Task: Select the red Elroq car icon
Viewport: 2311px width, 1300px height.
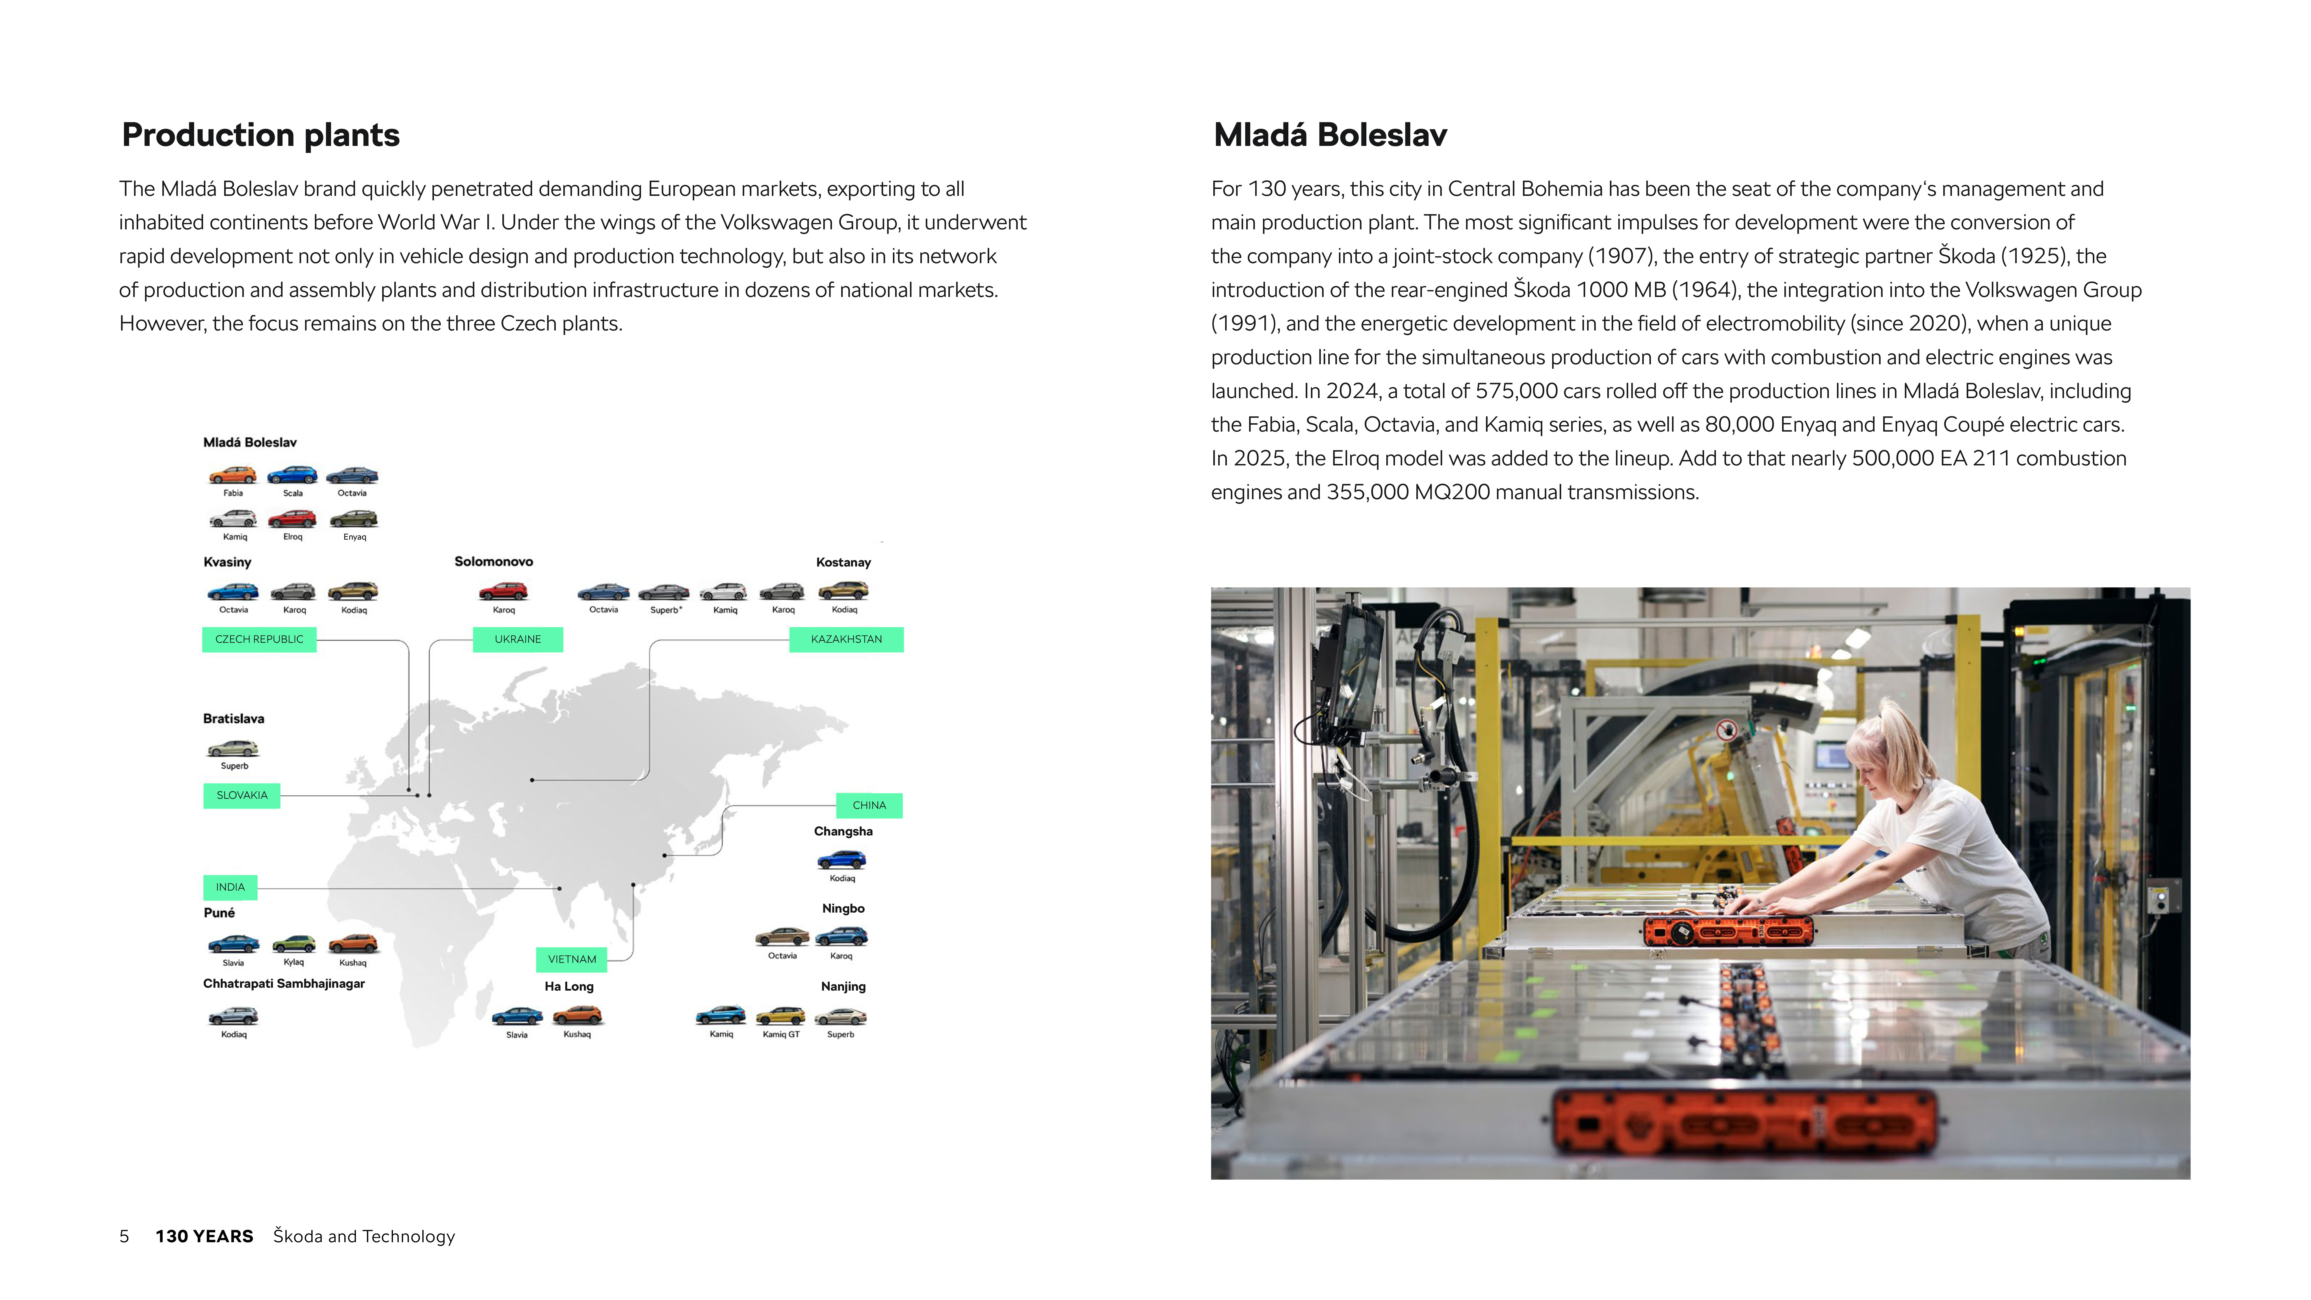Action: click(292, 519)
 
